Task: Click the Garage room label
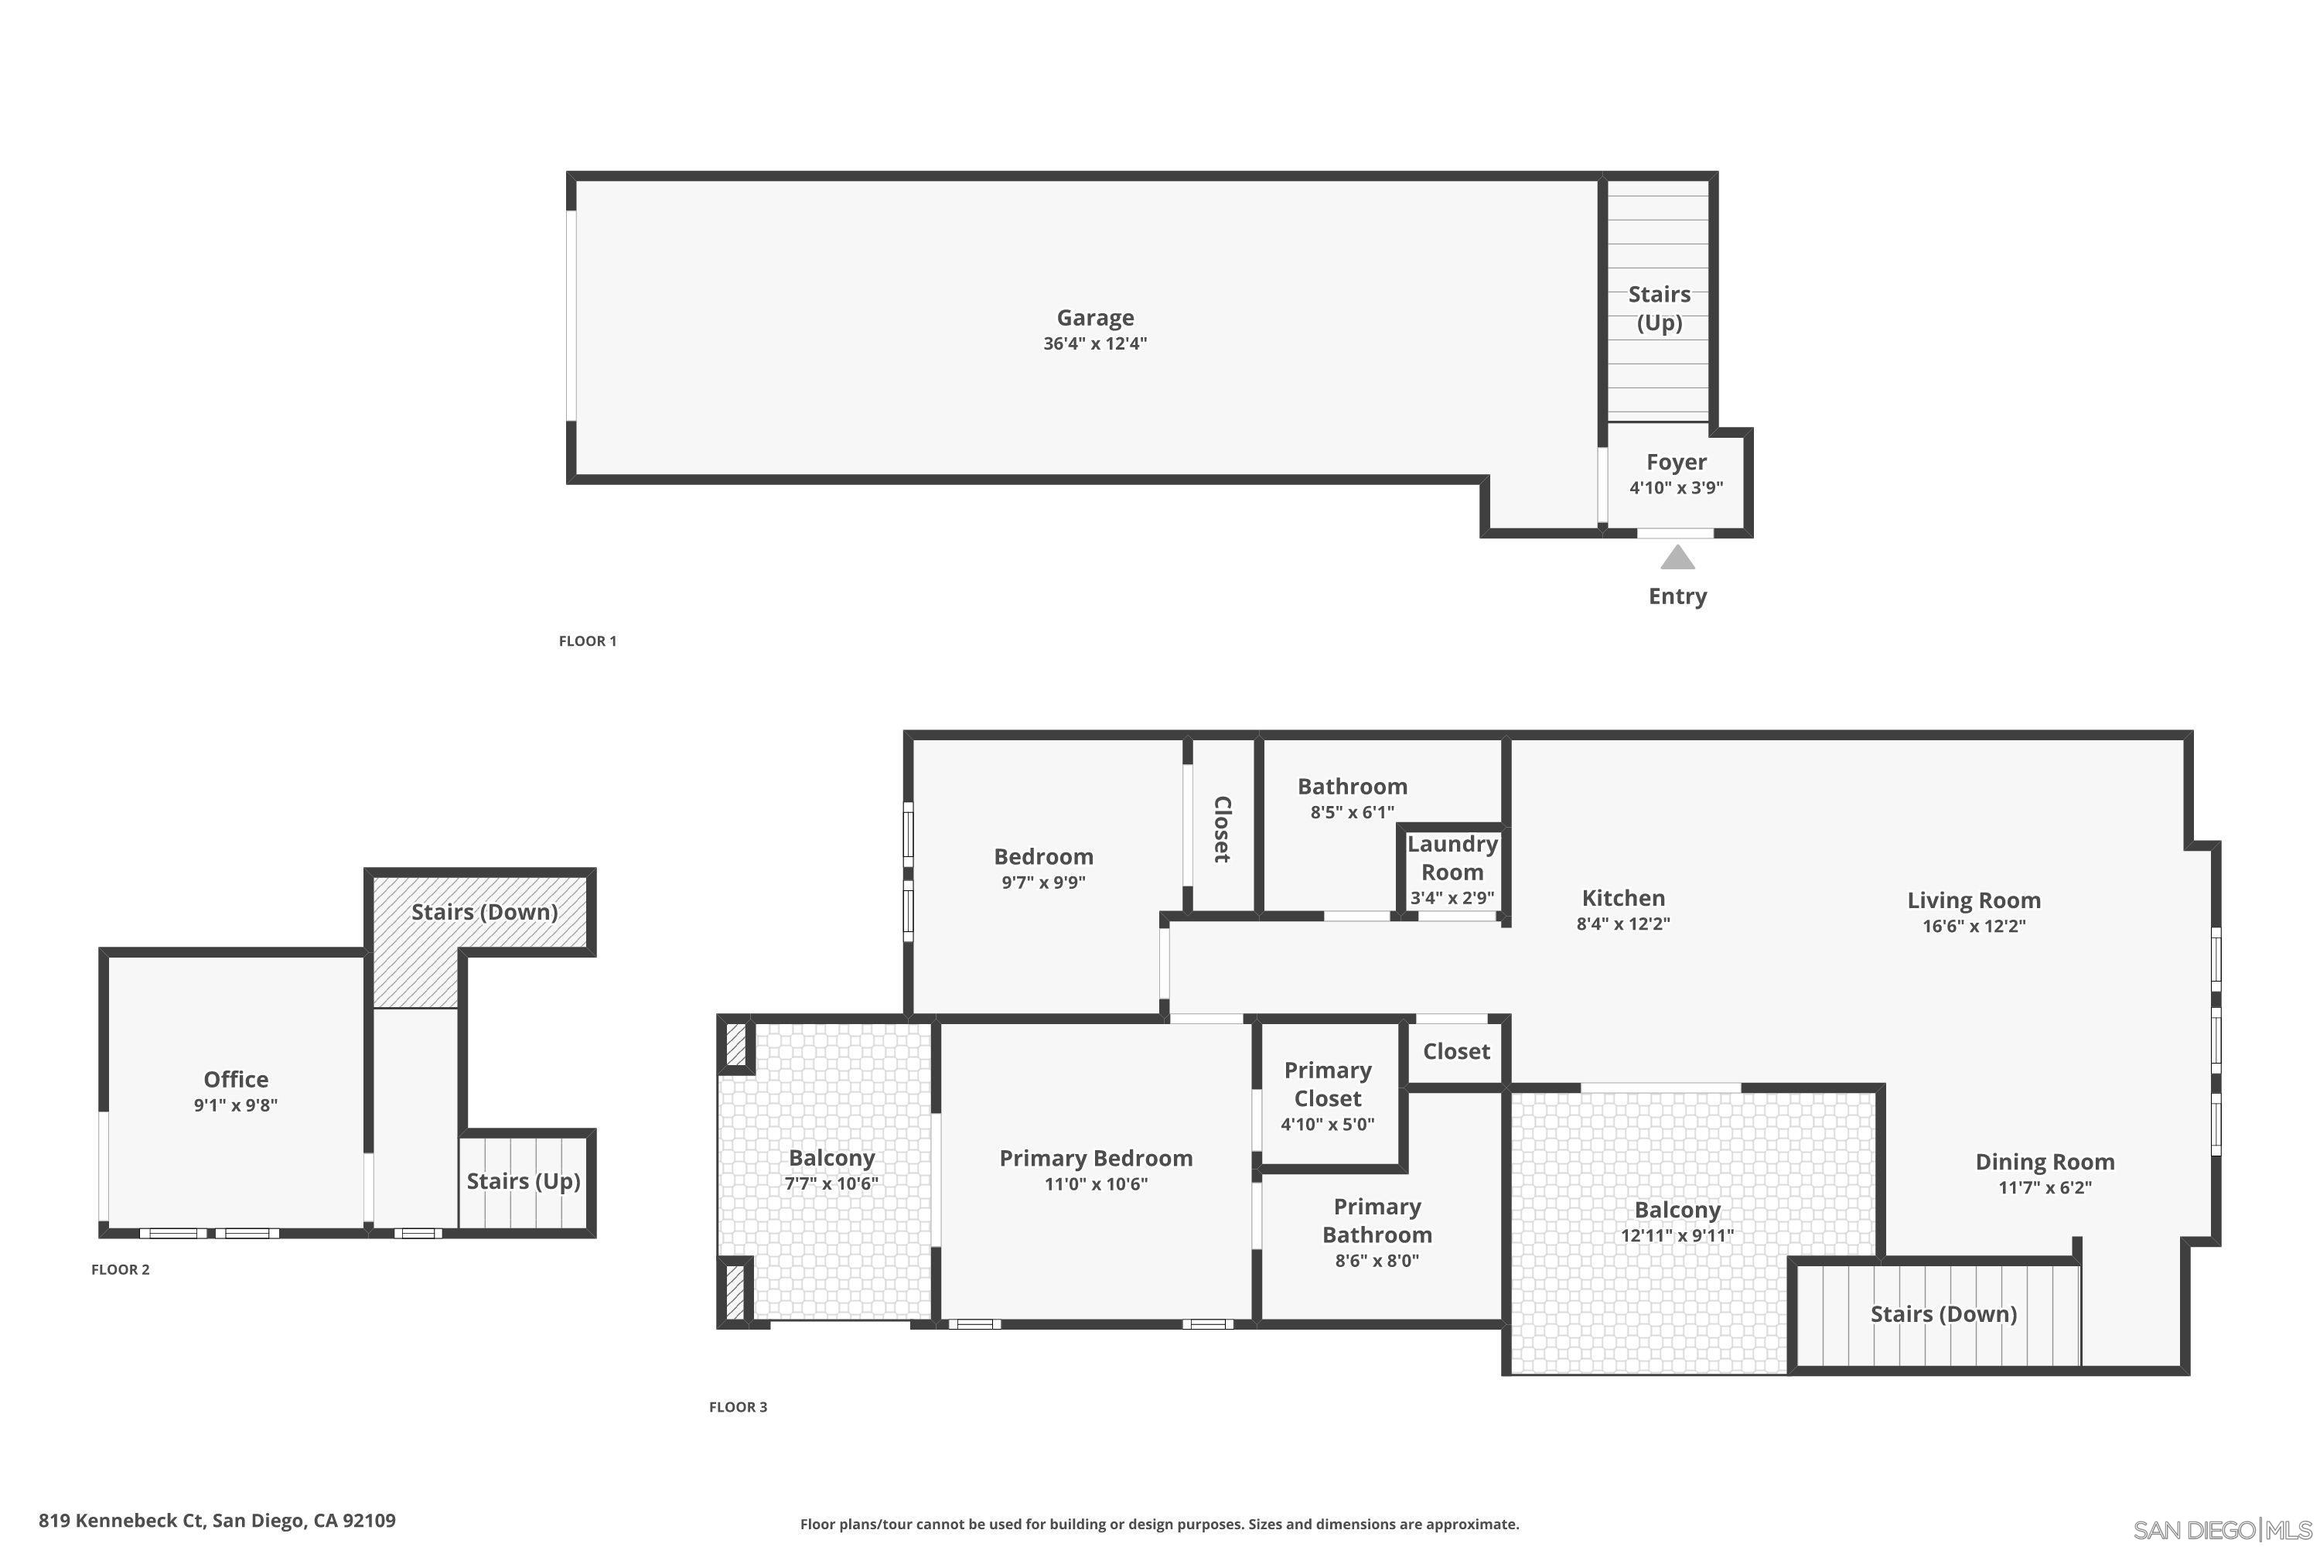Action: [x=1095, y=318]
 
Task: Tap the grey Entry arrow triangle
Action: [x=1677, y=558]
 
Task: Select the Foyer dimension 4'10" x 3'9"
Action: [x=1676, y=487]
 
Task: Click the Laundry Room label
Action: [x=1452, y=857]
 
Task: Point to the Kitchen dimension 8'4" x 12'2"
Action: [x=1622, y=924]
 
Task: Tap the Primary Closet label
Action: [x=1328, y=1084]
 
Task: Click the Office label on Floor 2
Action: [x=236, y=1079]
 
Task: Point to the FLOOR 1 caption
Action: [x=587, y=641]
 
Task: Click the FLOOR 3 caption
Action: [x=738, y=1407]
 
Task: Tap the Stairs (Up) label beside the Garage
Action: [x=1659, y=308]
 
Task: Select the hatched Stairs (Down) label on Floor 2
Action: [x=484, y=912]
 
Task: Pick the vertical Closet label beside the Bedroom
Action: [x=1221, y=828]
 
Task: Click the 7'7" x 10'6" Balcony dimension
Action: [x=831, y=1184]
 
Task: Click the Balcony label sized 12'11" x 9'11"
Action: [x=1677, y=1210]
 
